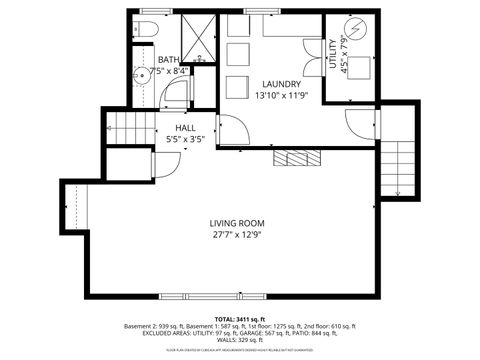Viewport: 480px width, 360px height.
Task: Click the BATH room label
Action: tap(168, 60)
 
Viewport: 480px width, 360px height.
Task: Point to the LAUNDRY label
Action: tap(281, 84)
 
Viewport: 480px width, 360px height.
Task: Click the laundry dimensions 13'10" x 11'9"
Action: tap(281, 97)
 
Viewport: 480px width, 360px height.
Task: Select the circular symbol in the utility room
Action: tap(357, 28)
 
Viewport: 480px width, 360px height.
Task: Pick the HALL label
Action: tap(185, 128)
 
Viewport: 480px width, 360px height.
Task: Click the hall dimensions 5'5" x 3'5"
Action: tap(185, 141)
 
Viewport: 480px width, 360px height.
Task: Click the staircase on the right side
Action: tap(398, 167)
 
